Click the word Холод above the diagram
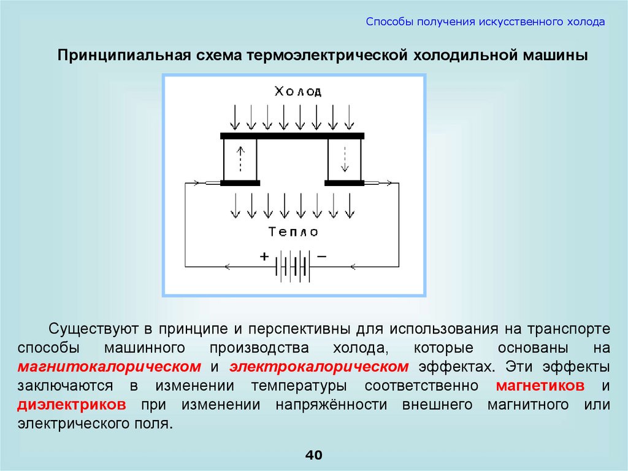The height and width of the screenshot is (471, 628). [297, 91]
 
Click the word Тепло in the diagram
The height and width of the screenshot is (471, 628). [294, 232]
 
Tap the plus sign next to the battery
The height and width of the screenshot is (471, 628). [265, 257]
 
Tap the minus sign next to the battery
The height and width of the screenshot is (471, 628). [321, 257]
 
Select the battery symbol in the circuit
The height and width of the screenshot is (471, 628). [293, 266]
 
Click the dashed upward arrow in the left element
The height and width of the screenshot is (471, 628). [241, 158]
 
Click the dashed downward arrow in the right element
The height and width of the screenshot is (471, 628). [345, 158]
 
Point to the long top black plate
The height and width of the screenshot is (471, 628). [293, 135]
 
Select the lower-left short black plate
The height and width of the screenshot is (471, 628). [240, 182]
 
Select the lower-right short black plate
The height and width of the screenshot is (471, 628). [344, 182]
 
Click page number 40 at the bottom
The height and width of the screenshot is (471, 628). [313, 455]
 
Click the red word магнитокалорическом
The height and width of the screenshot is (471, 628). [110, 367]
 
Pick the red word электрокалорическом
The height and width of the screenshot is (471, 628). [319, 367]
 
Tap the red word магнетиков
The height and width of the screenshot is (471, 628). [539, 386]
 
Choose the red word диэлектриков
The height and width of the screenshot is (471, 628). [72, 405]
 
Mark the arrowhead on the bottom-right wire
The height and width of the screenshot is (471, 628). [353, 267]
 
